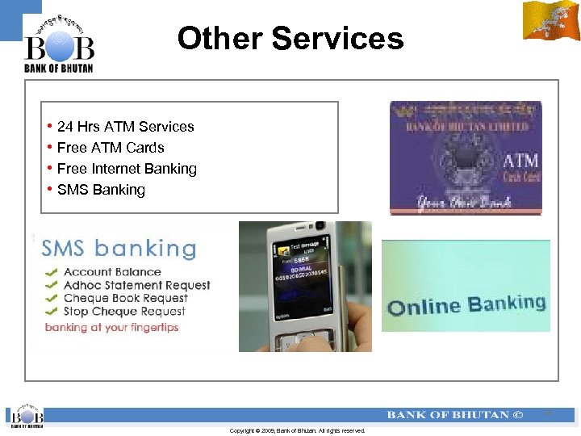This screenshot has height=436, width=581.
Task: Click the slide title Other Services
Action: point(290,38)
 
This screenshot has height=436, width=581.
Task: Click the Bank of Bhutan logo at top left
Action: point(59,45)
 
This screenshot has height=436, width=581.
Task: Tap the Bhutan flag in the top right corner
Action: point(551,21)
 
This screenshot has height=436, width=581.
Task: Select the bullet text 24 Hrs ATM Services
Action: point(125,127)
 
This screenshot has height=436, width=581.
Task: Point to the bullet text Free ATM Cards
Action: point(111,148)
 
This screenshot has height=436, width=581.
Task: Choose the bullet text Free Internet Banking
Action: point(127,169)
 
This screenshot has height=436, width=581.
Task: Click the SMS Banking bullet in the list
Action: point(101,190)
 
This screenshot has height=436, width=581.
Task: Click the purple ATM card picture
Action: point(466,158)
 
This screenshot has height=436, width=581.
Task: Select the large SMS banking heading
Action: point(119,248)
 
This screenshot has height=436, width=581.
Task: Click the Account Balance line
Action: point(112,272)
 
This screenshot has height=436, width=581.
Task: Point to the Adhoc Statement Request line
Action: point(136,285)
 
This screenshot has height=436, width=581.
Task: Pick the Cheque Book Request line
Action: point(125,298)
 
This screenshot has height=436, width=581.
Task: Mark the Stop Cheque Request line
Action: point(124,311)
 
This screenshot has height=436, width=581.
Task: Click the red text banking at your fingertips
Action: point(111,327)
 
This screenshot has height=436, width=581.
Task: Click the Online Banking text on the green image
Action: point(466,305)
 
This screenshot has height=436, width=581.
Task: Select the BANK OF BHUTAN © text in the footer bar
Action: point(454,415)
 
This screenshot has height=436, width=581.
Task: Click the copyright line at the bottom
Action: point(297,431)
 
